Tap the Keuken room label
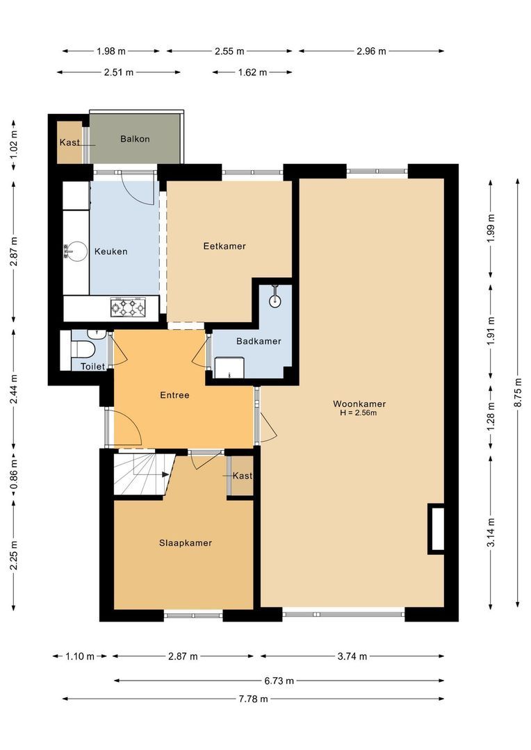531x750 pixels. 111,251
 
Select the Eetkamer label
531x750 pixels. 224,246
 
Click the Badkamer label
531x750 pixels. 259,341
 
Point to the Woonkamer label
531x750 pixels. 359,403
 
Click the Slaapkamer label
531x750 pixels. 185,543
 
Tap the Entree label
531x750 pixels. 174,395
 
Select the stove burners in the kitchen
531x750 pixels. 128,306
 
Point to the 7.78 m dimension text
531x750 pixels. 253,699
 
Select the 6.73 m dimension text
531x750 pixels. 278,681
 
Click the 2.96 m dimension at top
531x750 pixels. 372,51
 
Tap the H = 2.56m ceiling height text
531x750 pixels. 358,413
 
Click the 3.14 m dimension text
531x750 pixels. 491,532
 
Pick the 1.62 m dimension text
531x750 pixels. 252,72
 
